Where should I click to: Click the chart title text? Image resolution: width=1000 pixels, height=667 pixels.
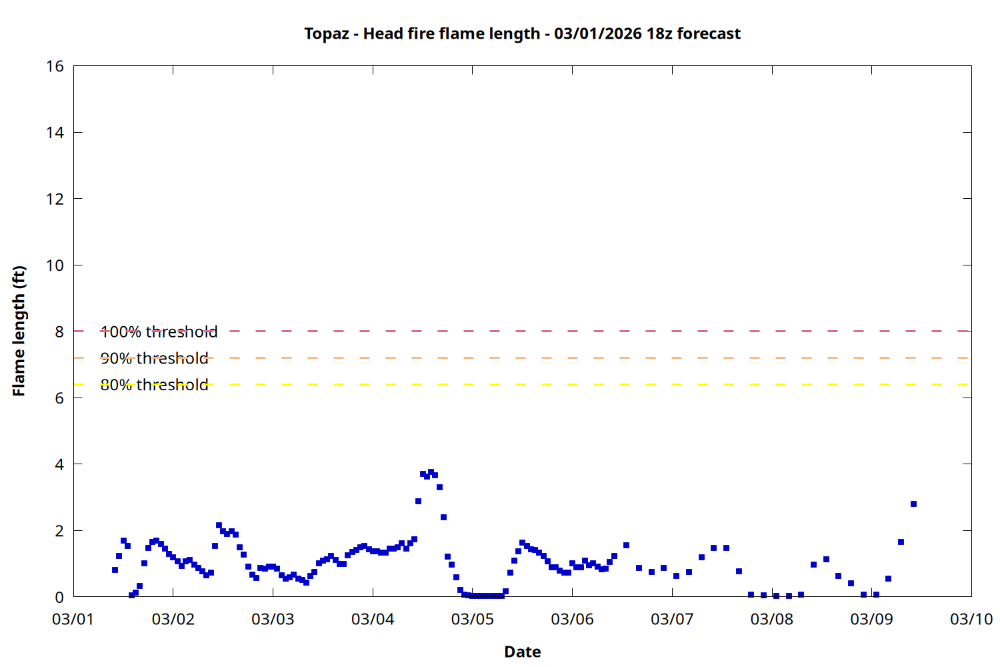[522, 33]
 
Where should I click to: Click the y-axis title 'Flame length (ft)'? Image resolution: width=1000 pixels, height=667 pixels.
[19, 331]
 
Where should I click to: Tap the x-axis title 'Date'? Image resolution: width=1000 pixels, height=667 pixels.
[522, 652]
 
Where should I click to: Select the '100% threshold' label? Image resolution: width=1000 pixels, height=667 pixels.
[159, 331]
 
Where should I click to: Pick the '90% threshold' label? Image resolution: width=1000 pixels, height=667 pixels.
[154, 358]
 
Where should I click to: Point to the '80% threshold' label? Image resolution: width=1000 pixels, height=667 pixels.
[154, 385]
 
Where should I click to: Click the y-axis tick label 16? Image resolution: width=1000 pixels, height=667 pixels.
[55, 66]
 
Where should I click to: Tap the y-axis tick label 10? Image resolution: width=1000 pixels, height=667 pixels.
[55, 265]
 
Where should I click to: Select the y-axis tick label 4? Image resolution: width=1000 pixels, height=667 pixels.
[59, 464]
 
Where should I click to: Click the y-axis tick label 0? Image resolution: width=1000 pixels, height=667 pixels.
[59, 598]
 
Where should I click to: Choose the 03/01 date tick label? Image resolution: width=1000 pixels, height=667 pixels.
[73, 619]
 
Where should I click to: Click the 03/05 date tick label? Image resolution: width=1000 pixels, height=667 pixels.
[473, 619]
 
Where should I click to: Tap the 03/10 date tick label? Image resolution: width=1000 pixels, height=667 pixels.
[971, 619]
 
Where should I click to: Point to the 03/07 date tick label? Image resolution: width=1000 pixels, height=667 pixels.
[672, 619]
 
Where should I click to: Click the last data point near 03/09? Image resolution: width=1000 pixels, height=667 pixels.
[913, 504]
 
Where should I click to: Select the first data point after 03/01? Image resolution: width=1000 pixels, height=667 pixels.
[115, 570]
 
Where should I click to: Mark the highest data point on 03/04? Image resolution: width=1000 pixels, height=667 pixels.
[431, 472]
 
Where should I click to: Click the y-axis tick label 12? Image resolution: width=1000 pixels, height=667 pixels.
[55, 199]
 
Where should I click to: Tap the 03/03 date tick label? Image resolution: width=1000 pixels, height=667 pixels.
[273, 619]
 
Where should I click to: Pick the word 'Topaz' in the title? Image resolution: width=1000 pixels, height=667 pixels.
[327, 33]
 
